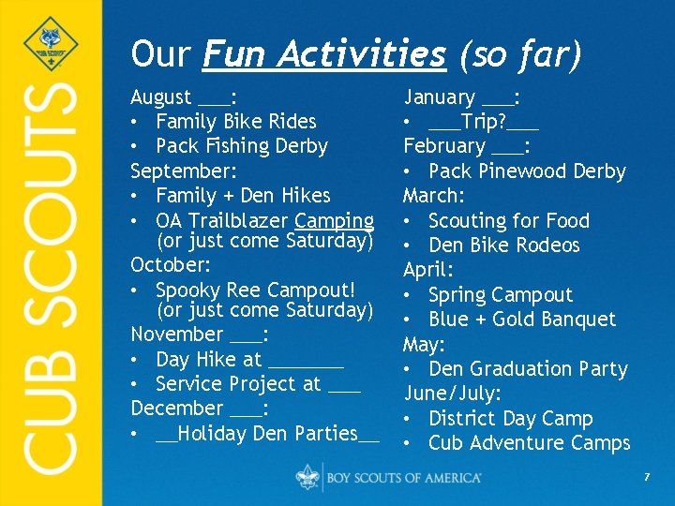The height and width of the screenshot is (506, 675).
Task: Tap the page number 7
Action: pos(646,478)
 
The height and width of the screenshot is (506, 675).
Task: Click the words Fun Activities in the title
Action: pos(324,54)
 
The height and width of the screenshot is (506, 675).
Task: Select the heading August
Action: pos(161,97)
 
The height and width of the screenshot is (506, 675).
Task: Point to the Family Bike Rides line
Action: pos(235,122)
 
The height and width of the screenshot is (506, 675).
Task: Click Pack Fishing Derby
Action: pos(241,146)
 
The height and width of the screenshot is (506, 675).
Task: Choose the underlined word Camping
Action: pos(334,221)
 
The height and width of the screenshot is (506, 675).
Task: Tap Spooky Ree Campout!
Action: pos(255,290)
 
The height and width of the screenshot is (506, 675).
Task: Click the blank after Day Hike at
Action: pos(306,360)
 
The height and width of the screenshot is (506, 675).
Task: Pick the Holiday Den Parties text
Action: pos(267,434)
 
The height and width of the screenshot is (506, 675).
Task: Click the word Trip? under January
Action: pos(484,122)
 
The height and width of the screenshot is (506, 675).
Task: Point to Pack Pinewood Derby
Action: pos(526,171)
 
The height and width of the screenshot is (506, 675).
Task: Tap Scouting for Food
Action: pos(508,221)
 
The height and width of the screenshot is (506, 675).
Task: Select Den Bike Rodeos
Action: pos(503,246)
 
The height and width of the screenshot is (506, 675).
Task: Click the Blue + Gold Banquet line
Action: pos(521,320)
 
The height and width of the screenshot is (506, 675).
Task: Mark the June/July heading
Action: pos(452,394)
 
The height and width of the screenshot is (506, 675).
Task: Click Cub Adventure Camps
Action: pos(529,443)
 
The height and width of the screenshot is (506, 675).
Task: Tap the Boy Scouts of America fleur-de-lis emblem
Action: pos(308,477)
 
